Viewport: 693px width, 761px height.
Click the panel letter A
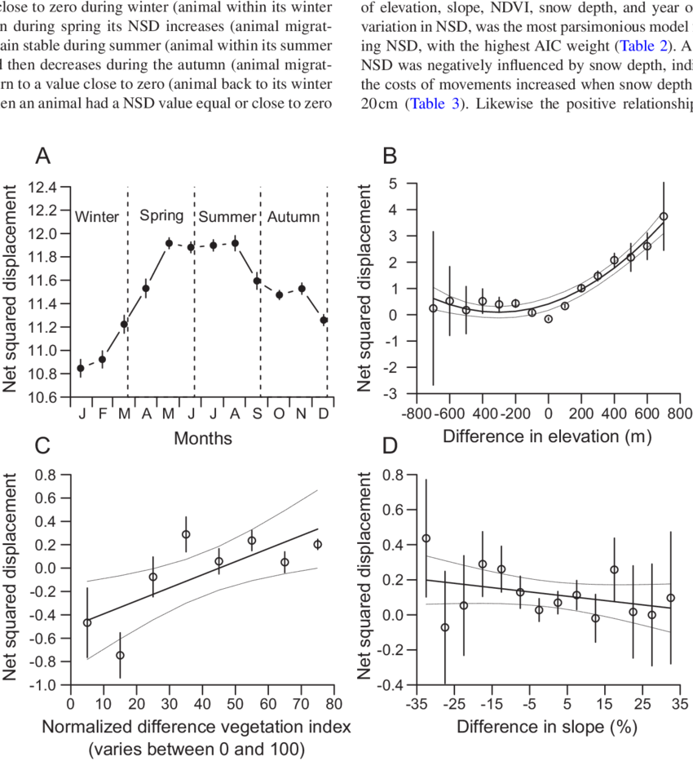pyautogui.click(x=42, y=155)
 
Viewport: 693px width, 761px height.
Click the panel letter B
pyautogui.click(x=391, y=155)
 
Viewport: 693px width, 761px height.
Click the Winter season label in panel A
pyautogui.click(x=96, y=217)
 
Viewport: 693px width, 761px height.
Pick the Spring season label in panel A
pyautogui.click(x=161, y=215)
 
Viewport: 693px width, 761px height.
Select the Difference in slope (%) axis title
pyautogui.click(x=546, y=725)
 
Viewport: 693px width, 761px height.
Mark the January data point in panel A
pyautogui.click(x=81, y=368)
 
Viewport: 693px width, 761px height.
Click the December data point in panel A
pyautogui.click(x=324, y=321)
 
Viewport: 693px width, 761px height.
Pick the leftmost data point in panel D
pyautogui.click(x=426, y=538)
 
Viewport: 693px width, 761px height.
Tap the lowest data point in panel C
pyautogui.click(x=120, y=654)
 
